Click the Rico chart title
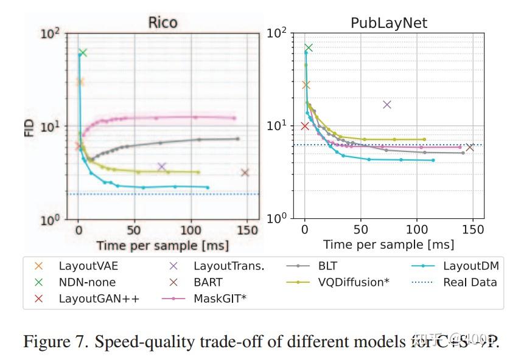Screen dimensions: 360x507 [x=163, y=23]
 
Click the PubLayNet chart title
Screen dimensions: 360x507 [x=389, y=24]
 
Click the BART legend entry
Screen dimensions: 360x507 [x=208, y=282]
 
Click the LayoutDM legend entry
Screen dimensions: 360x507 [x=470, y=266]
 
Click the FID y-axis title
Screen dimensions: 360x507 [x=29, y=126]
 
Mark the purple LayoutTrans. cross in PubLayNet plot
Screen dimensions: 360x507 [x=386, y=105]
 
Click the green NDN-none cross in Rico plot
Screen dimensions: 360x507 [x=83, y=53]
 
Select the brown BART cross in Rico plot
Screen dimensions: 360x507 [x=245, y=173]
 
